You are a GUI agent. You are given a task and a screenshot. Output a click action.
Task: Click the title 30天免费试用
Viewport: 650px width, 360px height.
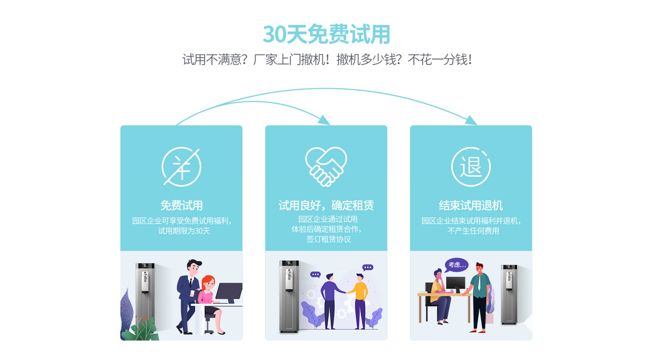(x=326, y=34)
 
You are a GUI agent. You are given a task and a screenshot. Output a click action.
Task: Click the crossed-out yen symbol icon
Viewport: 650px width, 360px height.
(x=182, y=167)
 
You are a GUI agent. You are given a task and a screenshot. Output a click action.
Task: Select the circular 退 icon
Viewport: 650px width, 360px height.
(x=471, y=167)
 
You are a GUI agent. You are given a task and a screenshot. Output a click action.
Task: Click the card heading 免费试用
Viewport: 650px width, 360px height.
(x=182, y=206)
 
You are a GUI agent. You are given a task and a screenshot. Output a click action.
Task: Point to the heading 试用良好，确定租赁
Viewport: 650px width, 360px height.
(x=326, y=206)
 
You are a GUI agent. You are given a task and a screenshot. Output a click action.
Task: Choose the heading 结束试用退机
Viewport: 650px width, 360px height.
(x=471, y=206)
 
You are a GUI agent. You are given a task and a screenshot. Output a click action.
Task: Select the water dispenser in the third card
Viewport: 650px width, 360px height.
(x=509, y=294)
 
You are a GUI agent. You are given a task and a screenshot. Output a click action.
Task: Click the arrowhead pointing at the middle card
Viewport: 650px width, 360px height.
(x=324, y=120)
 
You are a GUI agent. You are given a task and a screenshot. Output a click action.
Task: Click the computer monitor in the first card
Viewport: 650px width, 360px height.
(x=229, y=292)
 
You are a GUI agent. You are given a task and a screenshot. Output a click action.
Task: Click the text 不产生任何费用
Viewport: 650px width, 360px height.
(x=473, y=231)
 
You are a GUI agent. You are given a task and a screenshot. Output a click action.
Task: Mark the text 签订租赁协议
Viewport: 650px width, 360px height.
(x=328, y=239)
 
